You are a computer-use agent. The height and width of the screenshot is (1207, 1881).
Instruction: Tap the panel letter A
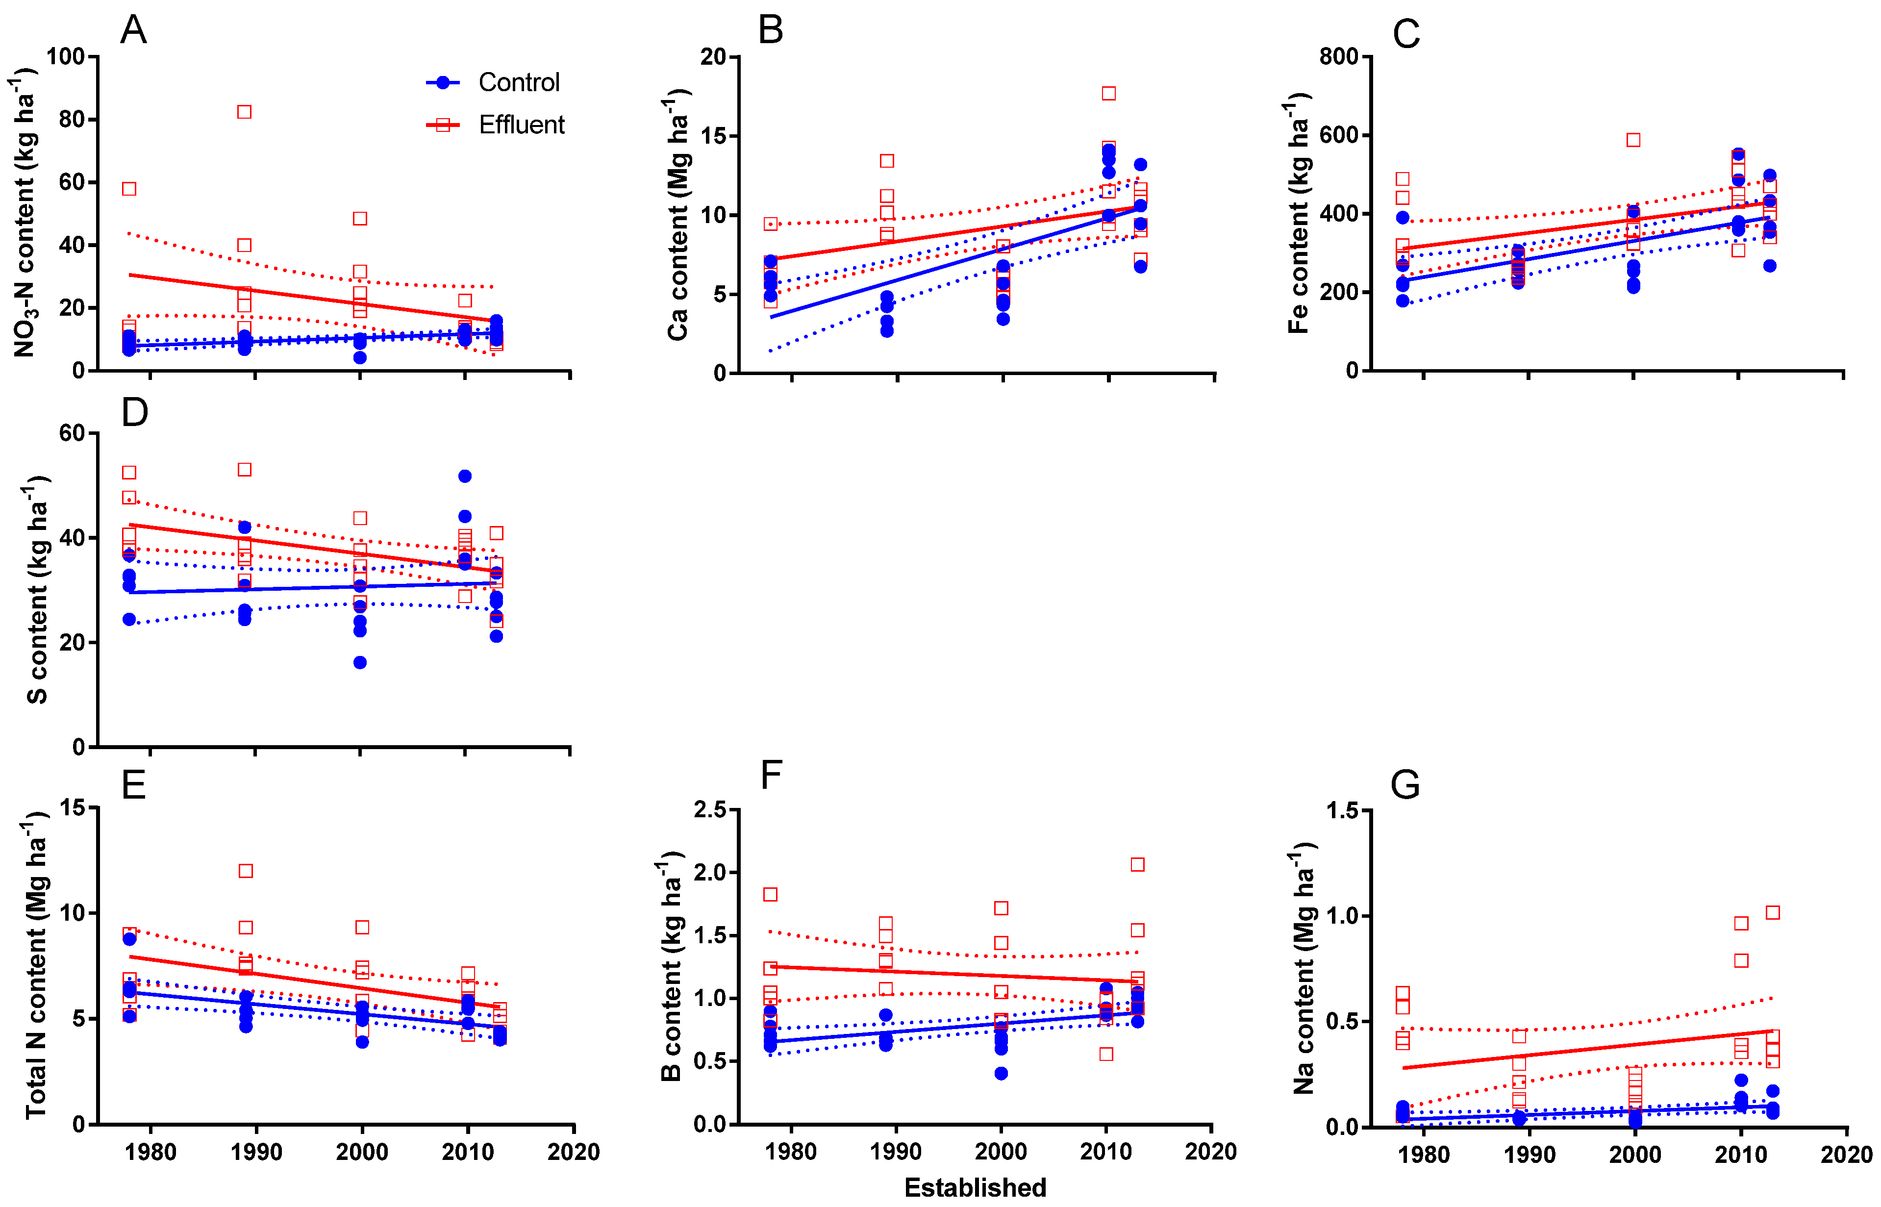(133, 30)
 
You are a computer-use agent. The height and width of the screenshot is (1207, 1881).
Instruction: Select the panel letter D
(135, 411)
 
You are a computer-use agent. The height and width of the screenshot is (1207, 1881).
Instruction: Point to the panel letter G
(1404, 784)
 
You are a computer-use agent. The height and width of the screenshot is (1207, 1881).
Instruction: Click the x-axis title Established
(975, 1186)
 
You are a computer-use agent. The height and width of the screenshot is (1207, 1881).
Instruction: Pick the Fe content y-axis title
(1299, 213)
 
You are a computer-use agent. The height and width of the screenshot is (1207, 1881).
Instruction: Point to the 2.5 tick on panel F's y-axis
(710, 809)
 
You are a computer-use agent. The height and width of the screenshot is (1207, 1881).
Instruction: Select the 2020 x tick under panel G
(1846, 1155)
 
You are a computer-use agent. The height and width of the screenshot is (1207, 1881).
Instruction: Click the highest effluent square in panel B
(1108, 93)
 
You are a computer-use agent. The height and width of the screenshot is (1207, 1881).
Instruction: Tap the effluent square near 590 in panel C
(1633, 140)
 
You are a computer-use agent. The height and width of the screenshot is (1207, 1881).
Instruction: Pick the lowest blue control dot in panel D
(360, 662)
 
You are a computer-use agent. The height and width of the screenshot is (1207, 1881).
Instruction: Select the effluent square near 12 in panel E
(245, 871)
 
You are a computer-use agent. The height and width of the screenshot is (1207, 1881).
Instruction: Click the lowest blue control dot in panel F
(1001, 1074)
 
